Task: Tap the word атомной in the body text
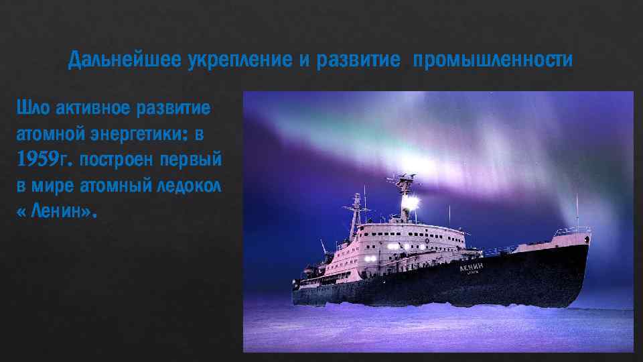click(x=46, y=134)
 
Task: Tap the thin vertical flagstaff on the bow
click(x=577, y=211)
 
